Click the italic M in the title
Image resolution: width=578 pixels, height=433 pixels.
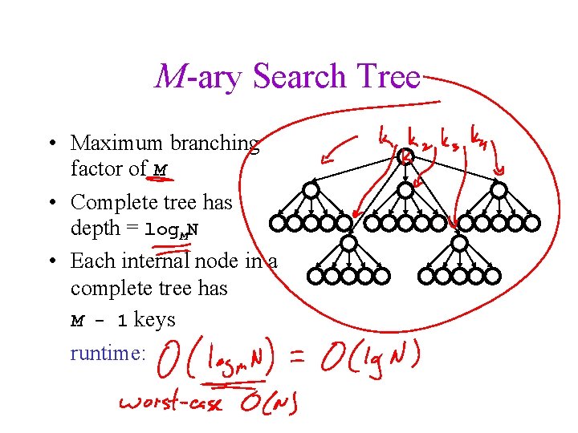pos(170,77)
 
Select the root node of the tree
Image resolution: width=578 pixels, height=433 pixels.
pos(405,158)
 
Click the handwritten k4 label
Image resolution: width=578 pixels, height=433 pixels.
pos(483,133)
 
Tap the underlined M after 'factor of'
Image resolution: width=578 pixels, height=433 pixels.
pos(161,169)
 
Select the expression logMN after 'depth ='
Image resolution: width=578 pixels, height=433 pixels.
pos(172,229)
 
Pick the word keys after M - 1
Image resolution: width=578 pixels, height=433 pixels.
pos(155,320)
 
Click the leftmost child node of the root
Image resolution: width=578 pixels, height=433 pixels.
pos(310,190)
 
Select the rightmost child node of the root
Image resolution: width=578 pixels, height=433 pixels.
pos(499,190)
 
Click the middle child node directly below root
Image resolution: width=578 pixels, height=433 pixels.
pos(405,190)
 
